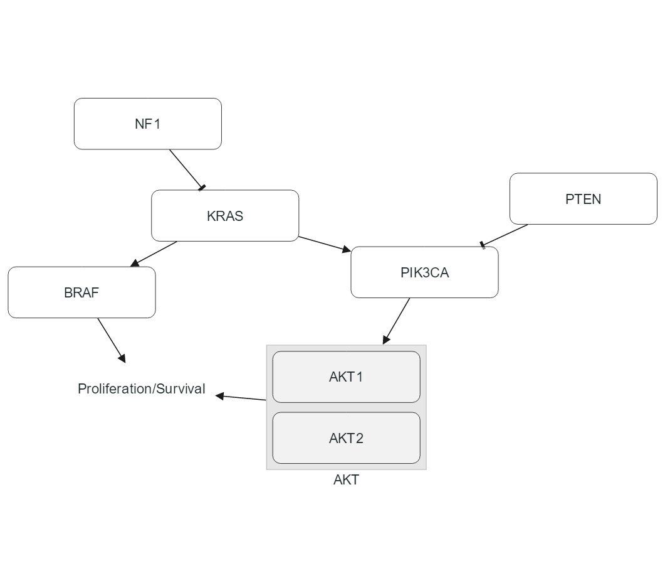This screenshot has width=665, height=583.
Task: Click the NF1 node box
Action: click(x=147, y=124)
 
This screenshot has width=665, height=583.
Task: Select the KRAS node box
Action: click(x=224, y=216)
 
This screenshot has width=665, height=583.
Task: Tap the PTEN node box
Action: click(x=583, y=199)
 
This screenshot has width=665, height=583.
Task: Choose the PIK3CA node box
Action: click(x=424, y=272)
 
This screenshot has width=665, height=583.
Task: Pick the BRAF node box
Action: click(x=81, y=292)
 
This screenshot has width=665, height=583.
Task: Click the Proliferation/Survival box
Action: click(x=141, y=388)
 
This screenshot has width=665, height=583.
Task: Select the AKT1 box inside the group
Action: click(x=346, y=377)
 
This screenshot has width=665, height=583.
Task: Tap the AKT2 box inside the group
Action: click(x=346, y=438)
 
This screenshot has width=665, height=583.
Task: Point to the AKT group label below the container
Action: click(x=346, y=480)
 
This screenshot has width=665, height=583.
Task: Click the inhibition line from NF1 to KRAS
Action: click(x=186, y=168)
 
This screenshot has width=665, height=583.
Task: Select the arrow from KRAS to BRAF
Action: click(x=154, y=254)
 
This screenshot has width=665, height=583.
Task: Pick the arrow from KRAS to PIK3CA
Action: click(x=324, y=244)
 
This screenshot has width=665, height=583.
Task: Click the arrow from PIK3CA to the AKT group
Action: click(x=397, y=321)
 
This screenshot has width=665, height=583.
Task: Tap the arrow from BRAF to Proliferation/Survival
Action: click(x=112, y=340)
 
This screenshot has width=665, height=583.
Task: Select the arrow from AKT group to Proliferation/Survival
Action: click(x=241, y=397)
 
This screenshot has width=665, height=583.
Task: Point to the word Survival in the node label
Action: click(x=181, y=388)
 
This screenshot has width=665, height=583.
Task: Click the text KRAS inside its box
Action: click(x=224, y=216)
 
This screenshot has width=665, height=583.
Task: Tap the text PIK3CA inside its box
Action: click(x=424, y=272)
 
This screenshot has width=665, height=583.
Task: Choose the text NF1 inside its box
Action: click(x=147, y=124)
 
